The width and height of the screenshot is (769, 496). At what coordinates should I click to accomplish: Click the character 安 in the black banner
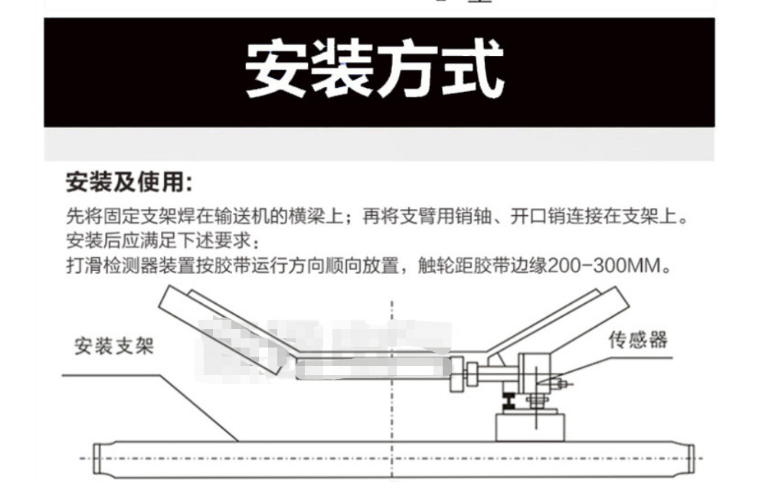[x=275, y=71]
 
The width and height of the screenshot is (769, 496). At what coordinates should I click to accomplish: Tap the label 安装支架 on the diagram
[x=113, y=346]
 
